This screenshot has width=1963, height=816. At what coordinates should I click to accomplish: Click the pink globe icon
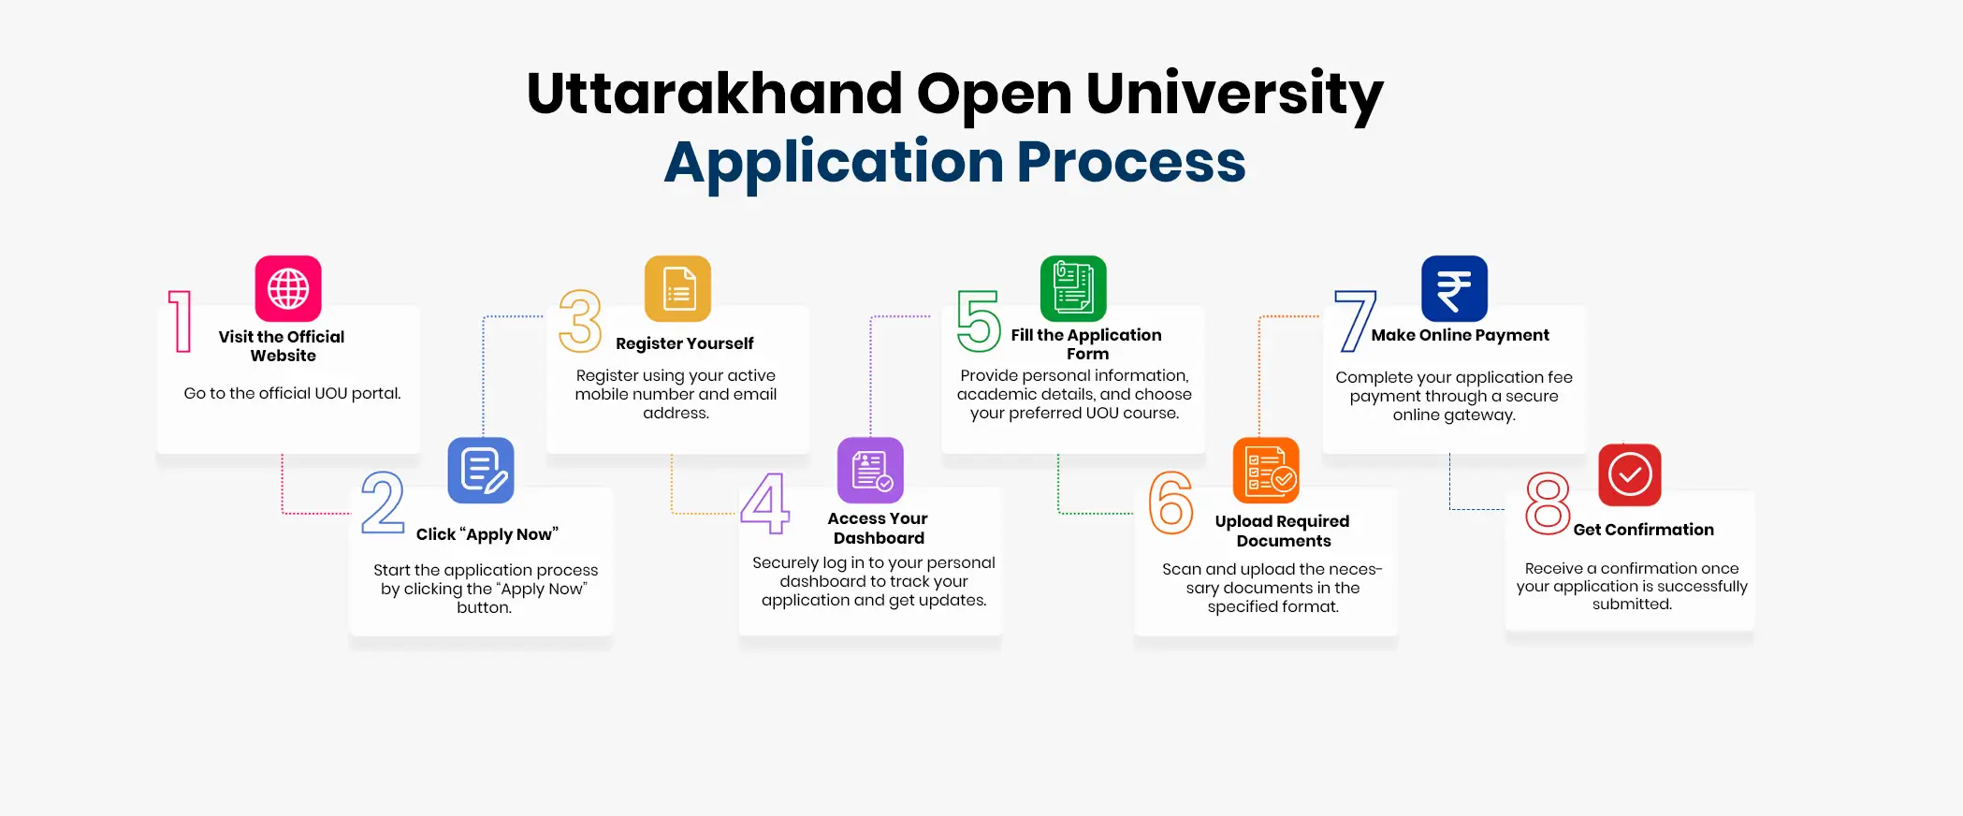click(x=288, y=288)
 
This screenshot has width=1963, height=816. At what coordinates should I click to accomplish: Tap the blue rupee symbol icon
click(x=1454, y=288)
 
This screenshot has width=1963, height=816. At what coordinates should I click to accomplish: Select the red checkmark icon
click(x=1630, y=474)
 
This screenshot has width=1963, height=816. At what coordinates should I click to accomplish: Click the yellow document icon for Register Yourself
click(x=678, y=288)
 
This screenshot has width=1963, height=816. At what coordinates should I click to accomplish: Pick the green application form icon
click(x=1073, y=288)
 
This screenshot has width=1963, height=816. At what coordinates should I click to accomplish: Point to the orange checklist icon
click(x=1266, y=470)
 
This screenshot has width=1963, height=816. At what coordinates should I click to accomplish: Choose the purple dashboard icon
click(x=870, y=470)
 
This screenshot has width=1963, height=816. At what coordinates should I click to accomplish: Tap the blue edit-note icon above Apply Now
click(x=481, y=470)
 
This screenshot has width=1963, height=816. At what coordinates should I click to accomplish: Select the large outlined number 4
click(x=765, y=503)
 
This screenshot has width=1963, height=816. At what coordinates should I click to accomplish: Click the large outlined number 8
click(x=1548, y=503)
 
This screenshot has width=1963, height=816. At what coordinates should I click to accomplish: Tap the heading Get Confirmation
click(x=1644, y=530)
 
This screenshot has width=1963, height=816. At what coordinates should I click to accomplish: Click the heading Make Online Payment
click(x=1461, y=335)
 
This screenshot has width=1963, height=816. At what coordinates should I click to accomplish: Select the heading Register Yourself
click(x=685, y=343)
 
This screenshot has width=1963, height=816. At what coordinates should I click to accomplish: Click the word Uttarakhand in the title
click(x=715, y=94)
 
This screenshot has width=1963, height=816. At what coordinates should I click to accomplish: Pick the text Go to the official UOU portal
click(x=292, y=393)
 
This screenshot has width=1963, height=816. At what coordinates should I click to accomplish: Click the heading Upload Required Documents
click(x=1283, y=531)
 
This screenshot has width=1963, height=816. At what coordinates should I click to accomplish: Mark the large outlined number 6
click(x=1171, y=503)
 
